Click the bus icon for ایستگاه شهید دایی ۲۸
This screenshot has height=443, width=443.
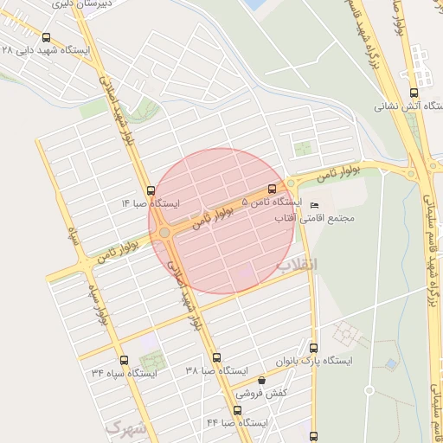click(x=46, y=38)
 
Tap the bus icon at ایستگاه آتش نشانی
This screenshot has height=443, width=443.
click(x=413, y=93)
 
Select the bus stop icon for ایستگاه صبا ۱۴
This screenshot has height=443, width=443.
click(x=151, y=190)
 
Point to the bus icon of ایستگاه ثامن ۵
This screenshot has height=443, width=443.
click(x=272, y=188)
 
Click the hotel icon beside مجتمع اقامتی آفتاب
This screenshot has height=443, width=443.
click(x=313, y=206)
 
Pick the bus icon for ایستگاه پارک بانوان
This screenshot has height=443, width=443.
click(x=313, y=347)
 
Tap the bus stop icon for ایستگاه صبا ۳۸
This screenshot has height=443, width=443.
click(x=216, y=357)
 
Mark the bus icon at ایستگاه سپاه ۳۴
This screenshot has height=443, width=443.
click(x=124, y=360)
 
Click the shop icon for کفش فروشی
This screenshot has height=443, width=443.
click(x=261, y=379)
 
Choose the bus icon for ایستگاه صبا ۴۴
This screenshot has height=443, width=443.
click(x=237, y=410)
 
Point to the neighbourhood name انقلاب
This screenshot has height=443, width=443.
click(x=296, y=262)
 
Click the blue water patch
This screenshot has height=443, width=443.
click(x=255, y=4)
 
